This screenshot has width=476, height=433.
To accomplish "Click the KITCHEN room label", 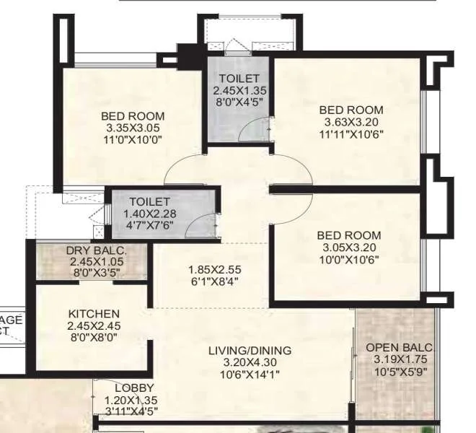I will (94, 314).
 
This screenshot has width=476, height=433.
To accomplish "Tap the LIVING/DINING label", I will (250, 351).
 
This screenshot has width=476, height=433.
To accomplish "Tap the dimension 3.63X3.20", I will (351, 122).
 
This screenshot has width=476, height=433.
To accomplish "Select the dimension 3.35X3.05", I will (133, 128).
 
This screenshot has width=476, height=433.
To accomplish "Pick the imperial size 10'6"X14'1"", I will (250, 374).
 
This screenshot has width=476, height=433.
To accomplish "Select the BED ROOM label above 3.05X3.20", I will (351, 235).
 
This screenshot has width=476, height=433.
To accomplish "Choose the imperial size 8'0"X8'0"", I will (94, 336).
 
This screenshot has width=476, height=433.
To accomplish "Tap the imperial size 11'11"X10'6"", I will (351, 134).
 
